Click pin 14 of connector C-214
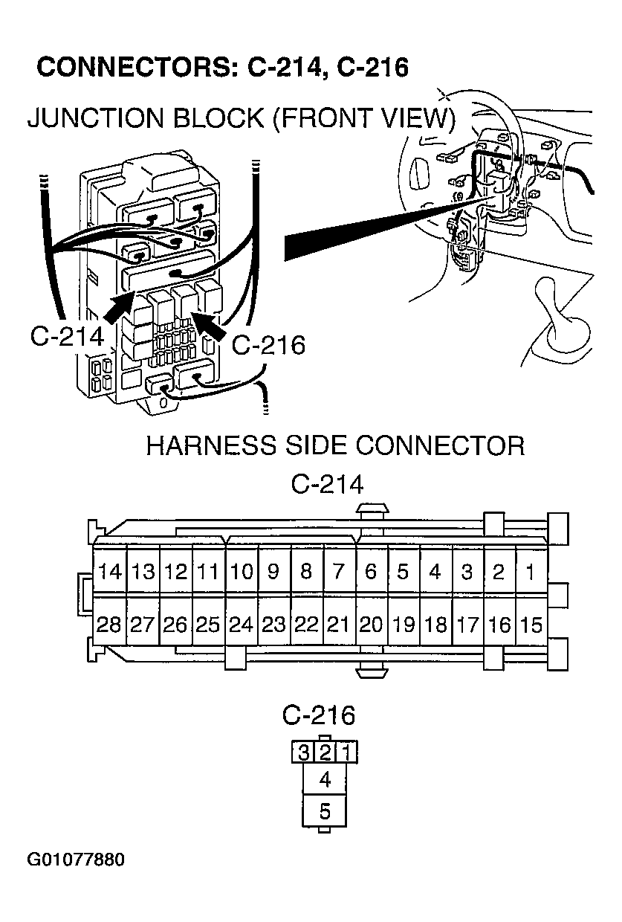109,573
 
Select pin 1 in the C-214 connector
531,573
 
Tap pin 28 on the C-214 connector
109,625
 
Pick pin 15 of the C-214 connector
531,625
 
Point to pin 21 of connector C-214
338,625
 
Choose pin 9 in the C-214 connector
273,573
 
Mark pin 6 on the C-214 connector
371,573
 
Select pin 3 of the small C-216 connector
302,752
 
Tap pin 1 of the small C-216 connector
346,752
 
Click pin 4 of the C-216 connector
325,780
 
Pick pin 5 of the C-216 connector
325,811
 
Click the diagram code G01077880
76,860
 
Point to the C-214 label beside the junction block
66,336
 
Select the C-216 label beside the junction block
268,346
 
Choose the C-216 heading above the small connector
319,715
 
